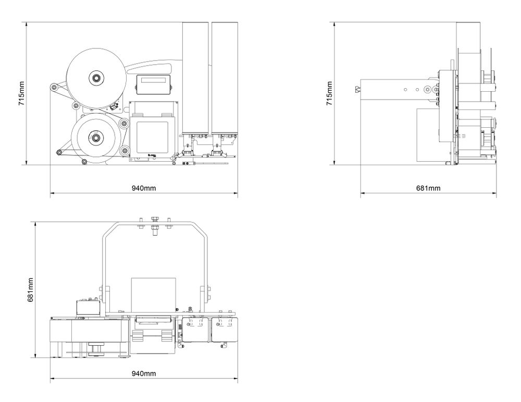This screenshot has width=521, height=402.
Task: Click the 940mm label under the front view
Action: [144, 187]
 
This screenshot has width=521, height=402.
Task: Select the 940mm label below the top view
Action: [144, 374]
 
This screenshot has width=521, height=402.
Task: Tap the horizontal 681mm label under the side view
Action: [429, 188]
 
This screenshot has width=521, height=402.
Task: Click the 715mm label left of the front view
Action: [21, 93]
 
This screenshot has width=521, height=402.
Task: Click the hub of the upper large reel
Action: [96, 78]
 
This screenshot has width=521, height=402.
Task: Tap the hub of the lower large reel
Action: [96, 138]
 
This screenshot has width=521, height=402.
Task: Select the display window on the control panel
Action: [154, 81]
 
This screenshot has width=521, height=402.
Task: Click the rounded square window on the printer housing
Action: [152, 136]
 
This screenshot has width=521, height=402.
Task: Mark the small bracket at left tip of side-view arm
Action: [357, 89]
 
